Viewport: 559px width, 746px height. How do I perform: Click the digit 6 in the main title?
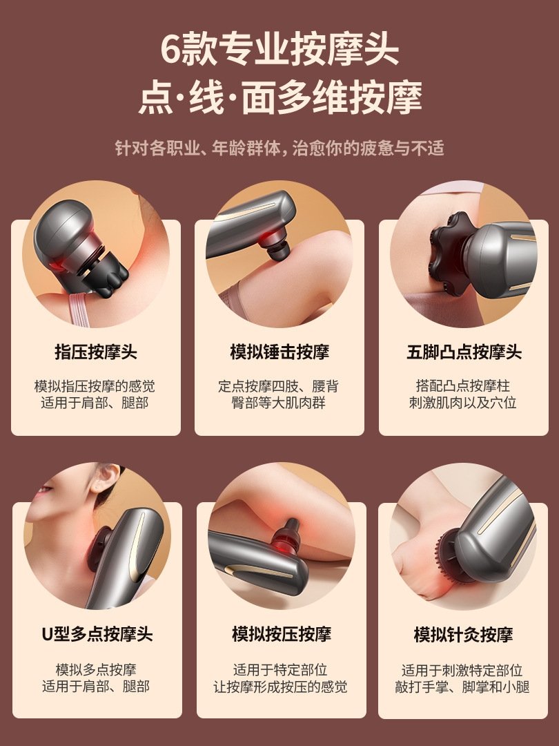(172, 48)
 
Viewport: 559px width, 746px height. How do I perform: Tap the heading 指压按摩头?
(95, 352)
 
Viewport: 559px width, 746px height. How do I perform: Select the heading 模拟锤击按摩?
(279, 352)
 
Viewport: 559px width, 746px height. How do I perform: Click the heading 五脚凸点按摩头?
(464, 352)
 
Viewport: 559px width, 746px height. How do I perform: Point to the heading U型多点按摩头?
(97, 634)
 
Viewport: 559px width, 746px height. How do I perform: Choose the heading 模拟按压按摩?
(282, 634)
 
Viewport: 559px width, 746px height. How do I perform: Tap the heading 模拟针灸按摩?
(464, 634)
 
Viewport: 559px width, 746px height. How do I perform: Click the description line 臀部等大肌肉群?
(279, 403)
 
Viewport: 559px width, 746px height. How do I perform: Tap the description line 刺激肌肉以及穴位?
(463, 403)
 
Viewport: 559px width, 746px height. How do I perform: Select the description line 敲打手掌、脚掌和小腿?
(462, 687)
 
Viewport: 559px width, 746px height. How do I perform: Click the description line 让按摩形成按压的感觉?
(280, 687)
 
